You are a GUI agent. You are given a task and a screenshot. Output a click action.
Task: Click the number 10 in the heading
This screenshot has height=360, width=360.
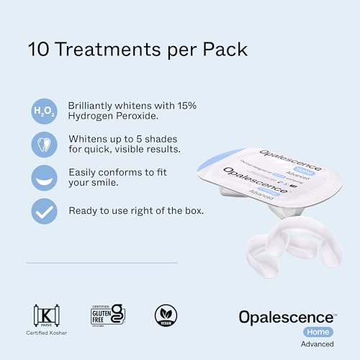click(38, 50)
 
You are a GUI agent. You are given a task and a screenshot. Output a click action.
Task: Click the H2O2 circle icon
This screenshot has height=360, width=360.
click(44, 112)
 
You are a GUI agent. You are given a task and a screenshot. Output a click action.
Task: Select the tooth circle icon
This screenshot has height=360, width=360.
click(44, 144)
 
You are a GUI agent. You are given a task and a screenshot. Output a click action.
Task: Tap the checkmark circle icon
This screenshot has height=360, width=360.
click(44, 211)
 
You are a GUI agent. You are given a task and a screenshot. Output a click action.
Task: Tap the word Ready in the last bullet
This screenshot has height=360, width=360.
click(84, 211)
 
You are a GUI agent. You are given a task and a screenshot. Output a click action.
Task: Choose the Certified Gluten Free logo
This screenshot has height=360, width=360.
click(107, 315)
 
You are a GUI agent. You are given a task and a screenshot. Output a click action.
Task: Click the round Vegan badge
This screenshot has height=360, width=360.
click(165, 315)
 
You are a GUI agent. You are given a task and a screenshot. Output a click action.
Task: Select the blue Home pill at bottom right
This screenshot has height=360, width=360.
click(317, 332)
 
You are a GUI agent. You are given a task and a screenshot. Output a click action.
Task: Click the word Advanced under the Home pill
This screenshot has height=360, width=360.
click(317, 344)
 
